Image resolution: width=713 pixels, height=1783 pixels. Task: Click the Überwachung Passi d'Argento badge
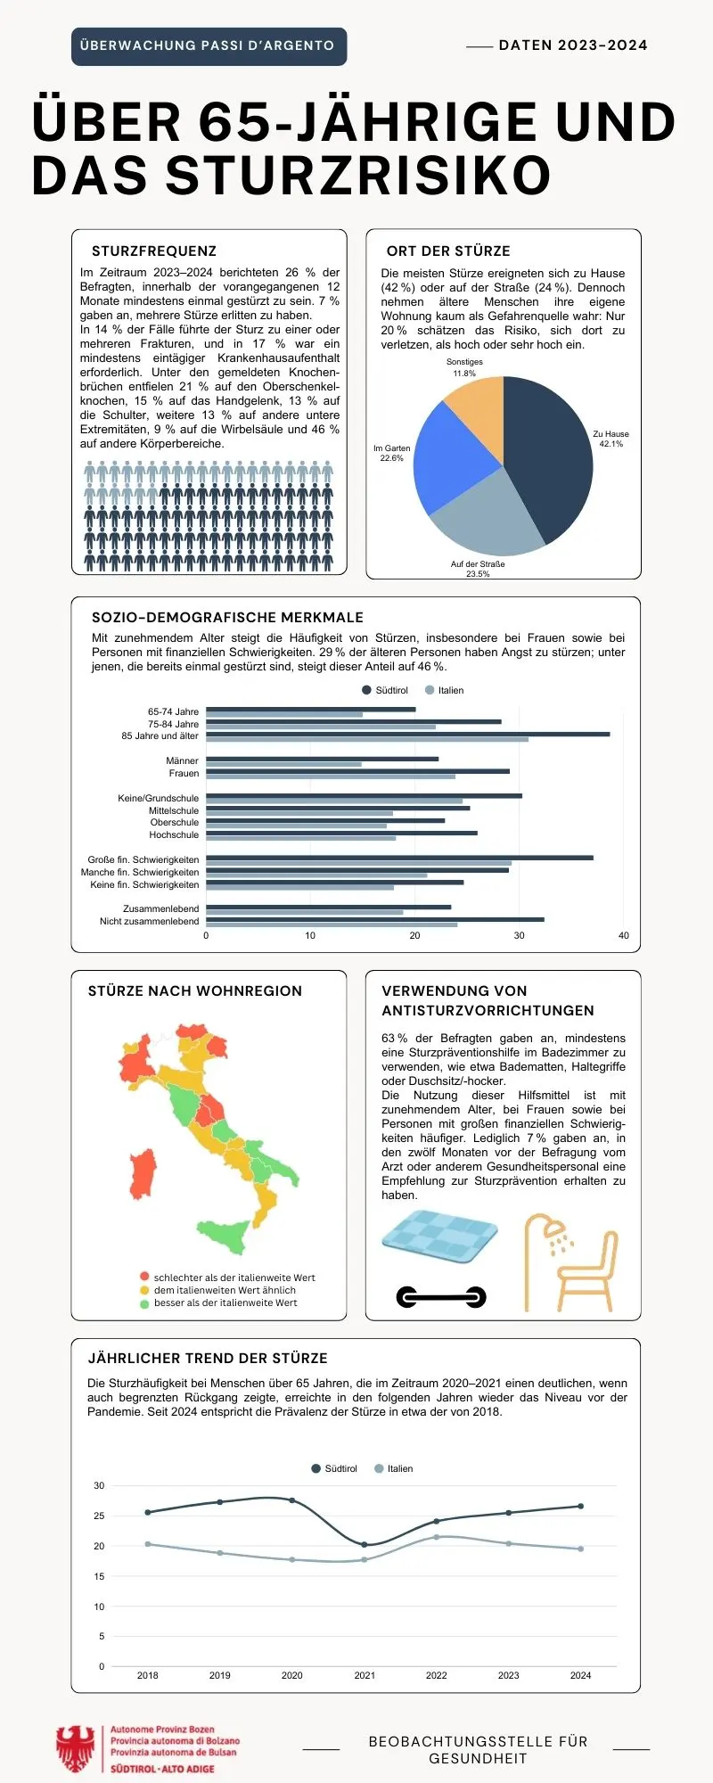(x=209, y=46)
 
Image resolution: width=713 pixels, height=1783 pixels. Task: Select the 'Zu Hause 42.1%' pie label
(x=611, y=439)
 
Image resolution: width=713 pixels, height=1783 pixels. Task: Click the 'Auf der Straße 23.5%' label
(x=478, y=569)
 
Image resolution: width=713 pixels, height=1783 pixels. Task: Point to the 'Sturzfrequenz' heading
(x=154, y=251)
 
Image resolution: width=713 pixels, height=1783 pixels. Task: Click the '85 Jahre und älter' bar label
(x=160, y=736)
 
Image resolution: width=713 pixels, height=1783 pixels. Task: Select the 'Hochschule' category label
(x=174, y=835)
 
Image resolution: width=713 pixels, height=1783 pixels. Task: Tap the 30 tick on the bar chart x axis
(x=519, y=935)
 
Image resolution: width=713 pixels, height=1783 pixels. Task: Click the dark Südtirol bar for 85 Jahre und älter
(x=407, y=734)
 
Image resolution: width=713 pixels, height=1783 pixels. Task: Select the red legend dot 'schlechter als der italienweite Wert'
(x=144, y=1278)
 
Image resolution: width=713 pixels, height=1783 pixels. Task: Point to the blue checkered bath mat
(x=439, y=1235)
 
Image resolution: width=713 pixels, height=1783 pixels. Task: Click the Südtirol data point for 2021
(x=365, y=1544)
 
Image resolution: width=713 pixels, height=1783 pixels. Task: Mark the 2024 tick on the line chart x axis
(x=580, y=1675)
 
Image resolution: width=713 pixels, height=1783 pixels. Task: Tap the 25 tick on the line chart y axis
(x=99, y=1516)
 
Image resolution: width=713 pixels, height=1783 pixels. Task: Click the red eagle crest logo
(x=76, y=1749)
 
